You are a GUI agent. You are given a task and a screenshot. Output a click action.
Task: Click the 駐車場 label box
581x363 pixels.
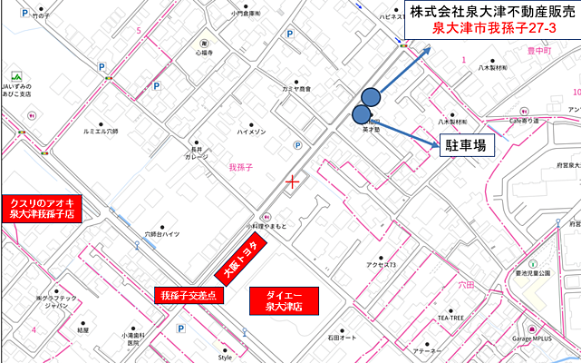point(468,142)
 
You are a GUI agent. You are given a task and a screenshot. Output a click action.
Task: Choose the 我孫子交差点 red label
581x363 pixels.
point(191,295)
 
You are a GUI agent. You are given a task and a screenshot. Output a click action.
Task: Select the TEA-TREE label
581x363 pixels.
point(450,319)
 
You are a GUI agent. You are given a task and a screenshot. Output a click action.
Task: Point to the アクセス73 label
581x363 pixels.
point(381,265)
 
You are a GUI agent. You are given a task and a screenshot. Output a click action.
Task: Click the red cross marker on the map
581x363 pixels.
point(293,182)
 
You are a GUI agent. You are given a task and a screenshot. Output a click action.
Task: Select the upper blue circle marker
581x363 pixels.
point(371,96)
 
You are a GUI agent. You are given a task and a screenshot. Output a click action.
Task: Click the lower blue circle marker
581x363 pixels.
point(362,114)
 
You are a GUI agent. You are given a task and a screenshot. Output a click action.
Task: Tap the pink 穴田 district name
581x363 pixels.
point(466,285)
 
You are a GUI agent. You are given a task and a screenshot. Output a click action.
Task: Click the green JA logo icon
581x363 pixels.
point(15,76)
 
